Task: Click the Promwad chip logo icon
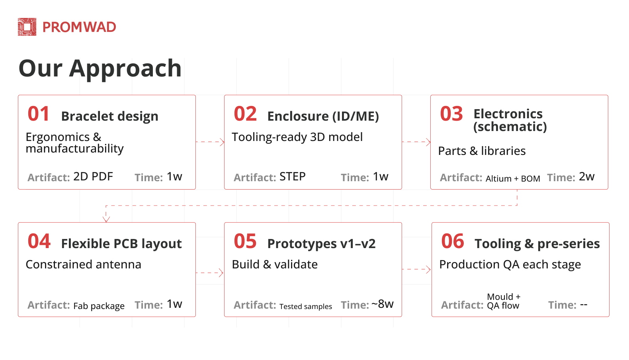pos(27,27)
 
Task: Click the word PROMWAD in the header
pos(79,27)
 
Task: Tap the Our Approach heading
pos(100,69)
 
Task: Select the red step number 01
pos(39,114)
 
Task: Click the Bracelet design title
pos(110,116)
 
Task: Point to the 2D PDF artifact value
pos(93,177)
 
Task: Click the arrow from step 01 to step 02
pos(210,142)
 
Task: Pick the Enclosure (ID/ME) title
pos(323,116)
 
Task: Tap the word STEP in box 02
pos(293,177)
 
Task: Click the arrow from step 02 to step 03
pos(416,142)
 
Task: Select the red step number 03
pos(451,114)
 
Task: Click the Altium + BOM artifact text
pos(513,178)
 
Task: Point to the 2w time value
pos(587,177)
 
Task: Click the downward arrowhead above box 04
pos(106,219)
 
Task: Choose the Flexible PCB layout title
pos(121,244)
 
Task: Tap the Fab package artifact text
pos(99,306)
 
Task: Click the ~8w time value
pos(383,304)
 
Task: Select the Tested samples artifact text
pos(306,306)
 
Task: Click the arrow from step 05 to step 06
pos(416,270)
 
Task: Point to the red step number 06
pos(453,241)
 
